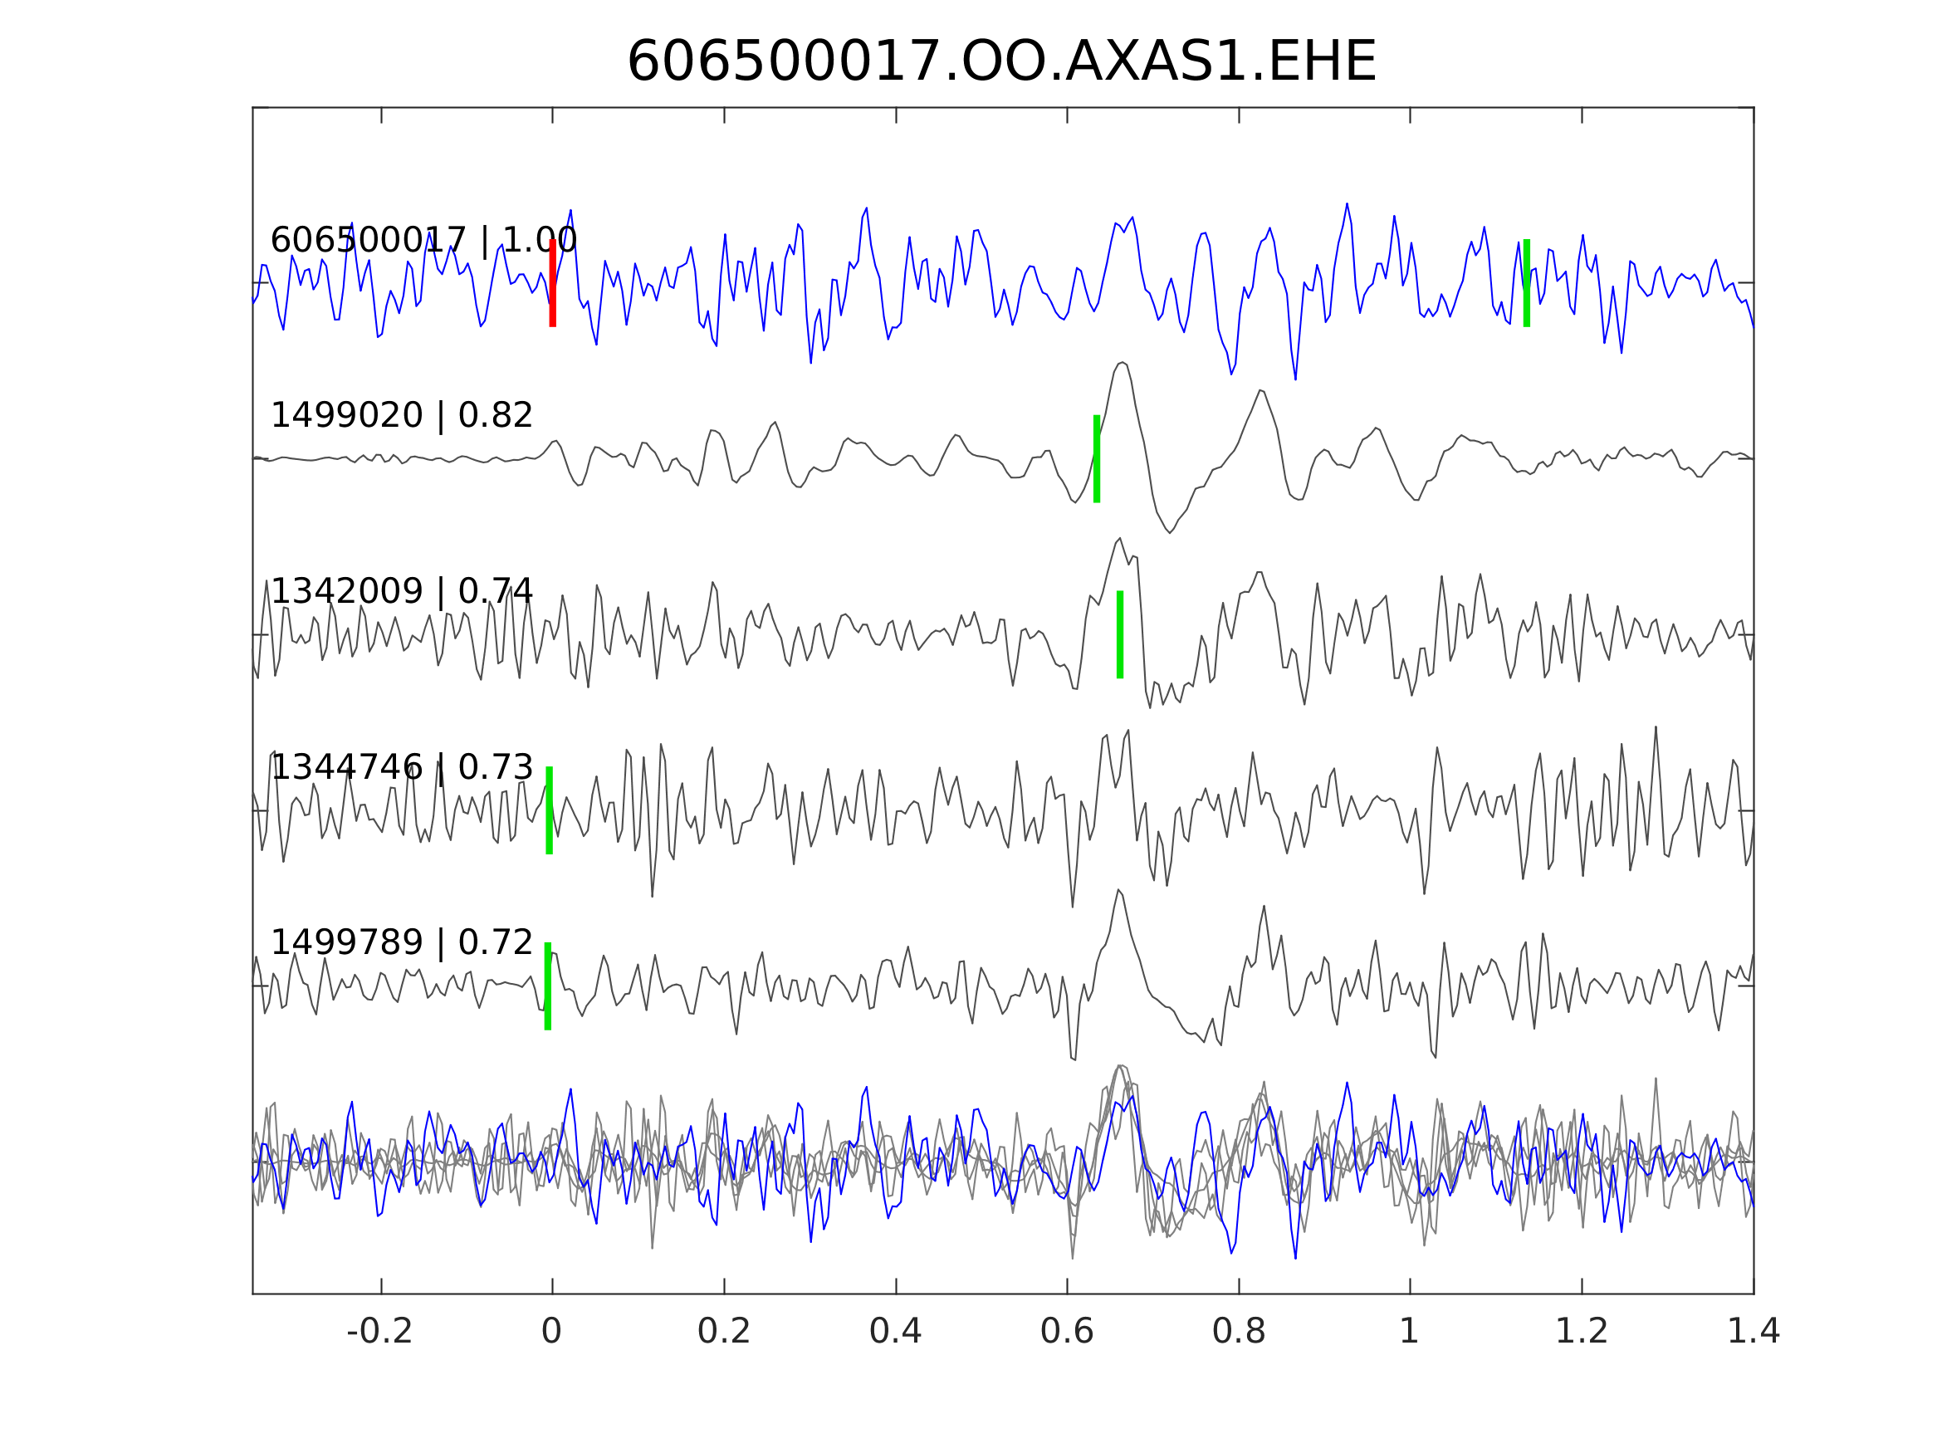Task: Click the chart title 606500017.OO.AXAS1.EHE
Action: (x=1002, y=62)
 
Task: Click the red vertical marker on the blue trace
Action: (x=553, y=283)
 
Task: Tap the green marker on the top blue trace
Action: (x=1526, y=283)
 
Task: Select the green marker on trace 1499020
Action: (x=1096, y=458)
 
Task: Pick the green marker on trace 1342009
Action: (x=1120, y=634)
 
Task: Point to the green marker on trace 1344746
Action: (x=549, y=810)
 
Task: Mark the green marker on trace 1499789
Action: (x=548, y=986)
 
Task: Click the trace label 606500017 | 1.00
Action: (x=423, y=240)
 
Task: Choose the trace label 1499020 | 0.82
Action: (x=401, y=415)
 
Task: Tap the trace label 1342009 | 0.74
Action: (x=401, y=592)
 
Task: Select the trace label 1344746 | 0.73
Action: (x=401, y=767)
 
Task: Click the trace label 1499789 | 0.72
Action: (x=401, y=943)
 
